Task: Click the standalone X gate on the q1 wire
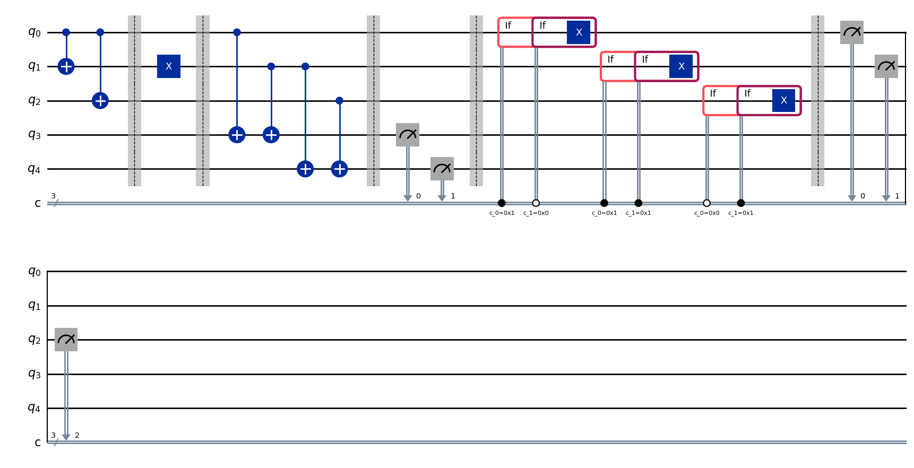[169, 66]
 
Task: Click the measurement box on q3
[408, 135]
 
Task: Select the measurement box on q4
[442, 169]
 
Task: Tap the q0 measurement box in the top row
[852, 32]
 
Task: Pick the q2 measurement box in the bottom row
[66, 340]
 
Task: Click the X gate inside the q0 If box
[579, 32]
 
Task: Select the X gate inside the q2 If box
[783, 100]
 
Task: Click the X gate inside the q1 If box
[681, 66]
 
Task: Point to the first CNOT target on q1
[66, 66]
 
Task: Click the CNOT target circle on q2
[100, 100]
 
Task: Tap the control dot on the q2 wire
[340, 100]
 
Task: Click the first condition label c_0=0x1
[502, 213]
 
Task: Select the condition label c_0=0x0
[706, 213]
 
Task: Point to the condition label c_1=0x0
[536, 213]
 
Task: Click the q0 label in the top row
[34, 32]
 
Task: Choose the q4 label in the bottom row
[34, 408]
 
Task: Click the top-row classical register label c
[37, 203]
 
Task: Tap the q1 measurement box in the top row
[886, 66]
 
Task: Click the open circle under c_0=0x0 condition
[706, 203]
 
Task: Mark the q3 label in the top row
[34, 135]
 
